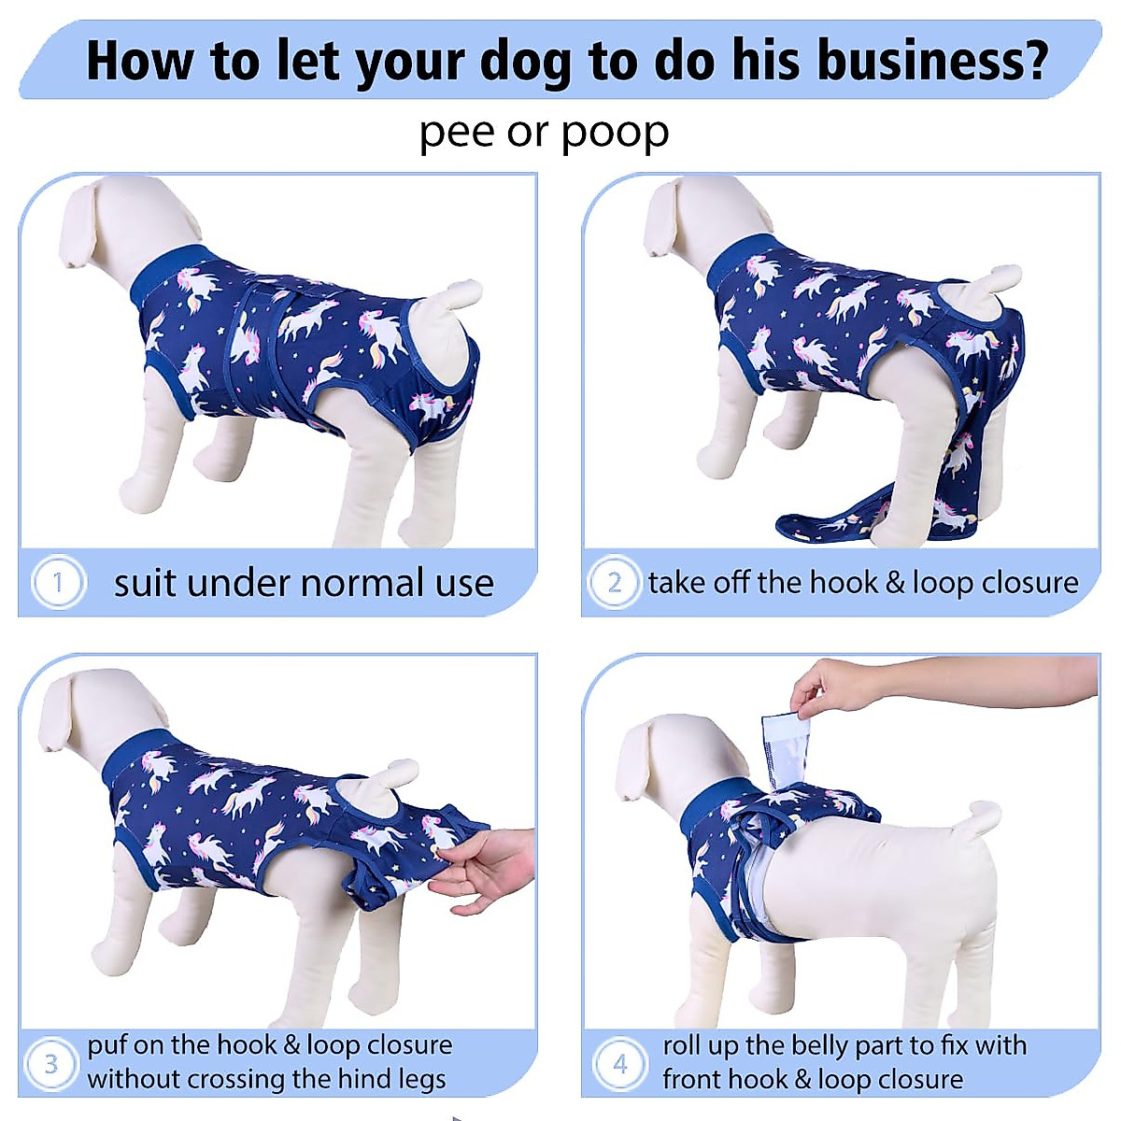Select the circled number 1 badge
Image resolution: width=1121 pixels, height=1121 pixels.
tap(58, 583)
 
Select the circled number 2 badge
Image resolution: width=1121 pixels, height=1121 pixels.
tap(614, 583)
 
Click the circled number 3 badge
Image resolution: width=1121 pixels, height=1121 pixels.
tap(51, 1063)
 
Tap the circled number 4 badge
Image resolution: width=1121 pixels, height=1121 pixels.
tap(619, 1063)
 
